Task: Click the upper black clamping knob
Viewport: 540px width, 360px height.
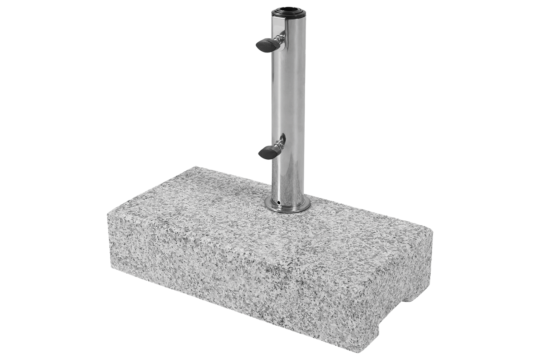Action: click(x=265, y=45)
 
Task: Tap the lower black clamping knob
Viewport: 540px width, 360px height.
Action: click(x=266, y=152)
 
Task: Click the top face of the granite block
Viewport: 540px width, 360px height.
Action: click(x=249, y=214)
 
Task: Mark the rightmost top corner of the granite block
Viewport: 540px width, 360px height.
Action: click(x=434, y=230)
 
